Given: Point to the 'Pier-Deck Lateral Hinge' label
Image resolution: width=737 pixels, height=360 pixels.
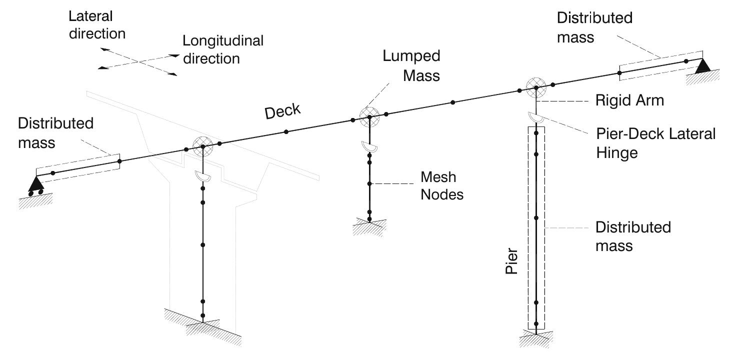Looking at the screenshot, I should (x=655, y=143).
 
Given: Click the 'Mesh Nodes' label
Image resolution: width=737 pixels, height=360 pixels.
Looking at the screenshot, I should (x=441, y=186).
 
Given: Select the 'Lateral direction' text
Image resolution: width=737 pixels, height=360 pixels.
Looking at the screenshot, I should (x=97, y=25).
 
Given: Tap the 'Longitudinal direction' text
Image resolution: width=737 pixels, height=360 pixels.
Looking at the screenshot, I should (x=222, y=49).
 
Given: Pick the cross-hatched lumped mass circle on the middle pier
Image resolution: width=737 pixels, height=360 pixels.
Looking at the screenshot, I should (x=369, y=116).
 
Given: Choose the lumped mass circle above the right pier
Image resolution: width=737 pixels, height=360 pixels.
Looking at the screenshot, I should (x=536, y=87).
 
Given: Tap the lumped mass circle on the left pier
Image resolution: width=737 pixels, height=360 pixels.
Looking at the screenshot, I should (x=203, y=146).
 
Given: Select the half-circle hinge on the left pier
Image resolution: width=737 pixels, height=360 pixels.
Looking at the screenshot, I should (x=203, y=176).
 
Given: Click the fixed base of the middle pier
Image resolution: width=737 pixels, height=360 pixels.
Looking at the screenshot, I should (x=369, y=225).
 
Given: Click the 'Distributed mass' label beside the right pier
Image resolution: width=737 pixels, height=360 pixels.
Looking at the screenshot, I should (x=632, y=236).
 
